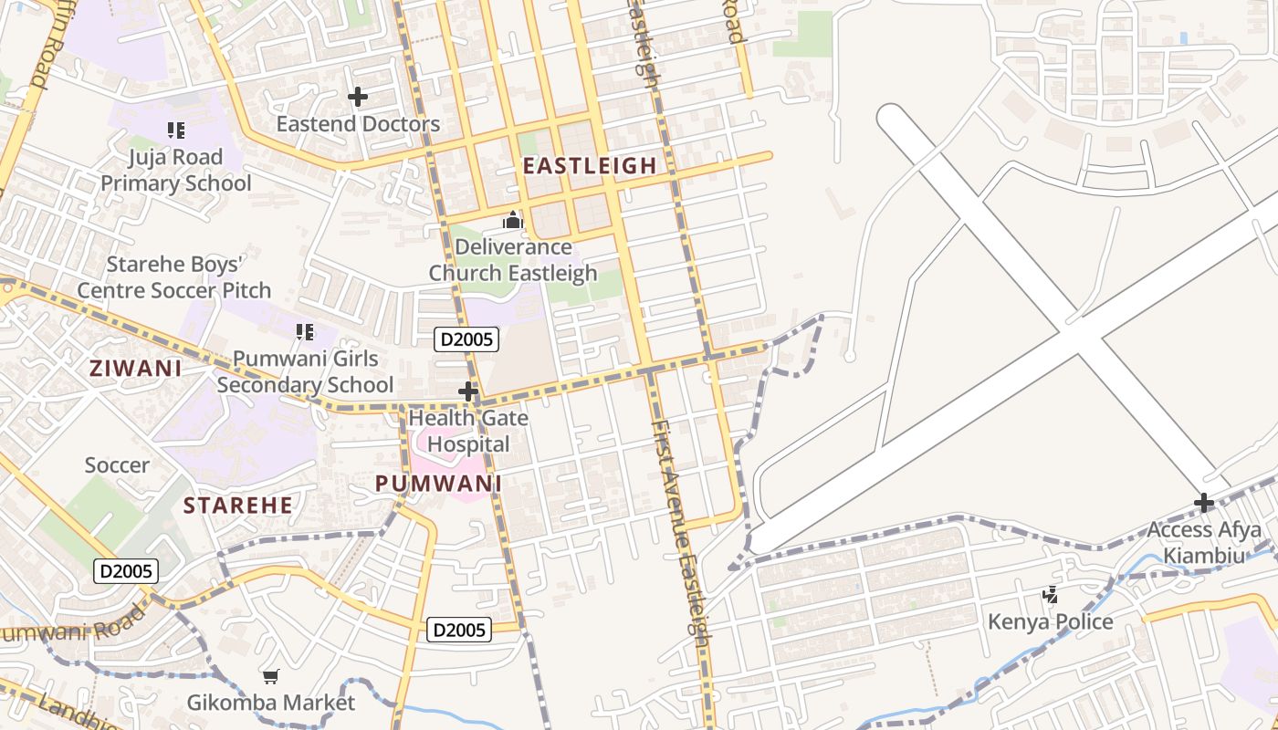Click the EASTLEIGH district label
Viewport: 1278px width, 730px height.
(589, 165)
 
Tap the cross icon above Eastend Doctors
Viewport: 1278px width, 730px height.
(358, 96)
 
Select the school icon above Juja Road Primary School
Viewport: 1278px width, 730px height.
(176, 130)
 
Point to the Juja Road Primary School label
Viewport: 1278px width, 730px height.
(175, 171)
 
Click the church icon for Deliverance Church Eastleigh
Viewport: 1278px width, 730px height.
(513, 220)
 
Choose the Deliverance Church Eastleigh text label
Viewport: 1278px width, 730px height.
(513, 260)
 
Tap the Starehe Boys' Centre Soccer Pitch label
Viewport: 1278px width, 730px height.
(173, 278)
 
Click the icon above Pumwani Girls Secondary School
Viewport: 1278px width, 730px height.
(305, 332)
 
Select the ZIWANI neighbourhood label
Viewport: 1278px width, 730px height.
(135, 369)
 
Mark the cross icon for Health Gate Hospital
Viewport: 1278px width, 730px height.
(468, 391)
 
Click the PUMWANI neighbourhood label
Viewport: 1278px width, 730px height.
(439, 484)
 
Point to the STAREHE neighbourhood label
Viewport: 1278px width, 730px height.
(238, 506)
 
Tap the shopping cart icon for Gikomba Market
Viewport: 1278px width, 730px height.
(270, 676)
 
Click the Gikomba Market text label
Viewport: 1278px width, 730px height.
(270, 703)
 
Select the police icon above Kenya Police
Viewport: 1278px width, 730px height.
(1051, 595)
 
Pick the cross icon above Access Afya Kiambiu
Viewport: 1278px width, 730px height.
(1204, 503)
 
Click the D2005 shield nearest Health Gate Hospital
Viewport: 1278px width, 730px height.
(466, 340)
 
